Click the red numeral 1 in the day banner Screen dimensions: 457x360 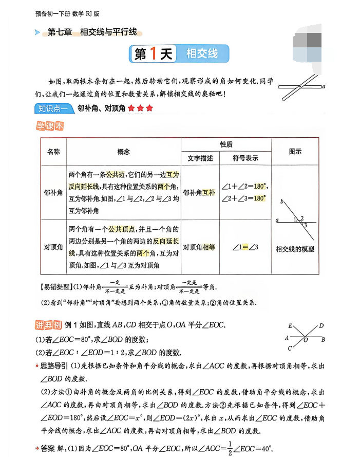pyautogui.click(x=153, y=54)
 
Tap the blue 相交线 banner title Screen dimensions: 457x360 pyautogui.click(x=202, y=54)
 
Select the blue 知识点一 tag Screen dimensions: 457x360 pyautogui.click(x=50, y=108)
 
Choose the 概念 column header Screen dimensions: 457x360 pyautogui.click(x=123, y=152)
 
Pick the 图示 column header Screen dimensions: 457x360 pyautogui.click(x=295, y=152)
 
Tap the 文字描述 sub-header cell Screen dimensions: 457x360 pyautogui.click(x=200, y=158)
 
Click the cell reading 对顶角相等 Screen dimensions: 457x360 pyautogui.click(x=199, y=247)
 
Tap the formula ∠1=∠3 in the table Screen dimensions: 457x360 pyautogui.click(x=245, y=247)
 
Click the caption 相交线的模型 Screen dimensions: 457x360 pyautogui.click(x=295, y=249)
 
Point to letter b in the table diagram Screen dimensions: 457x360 pyautogui.click(x=281, y=203)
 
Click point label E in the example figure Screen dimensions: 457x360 pyautogui.click(x=290, y=326)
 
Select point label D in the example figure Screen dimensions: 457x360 pyautogui.click(x=321, y=326)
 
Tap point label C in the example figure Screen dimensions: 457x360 pyautogui.click(x=290, y=349)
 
